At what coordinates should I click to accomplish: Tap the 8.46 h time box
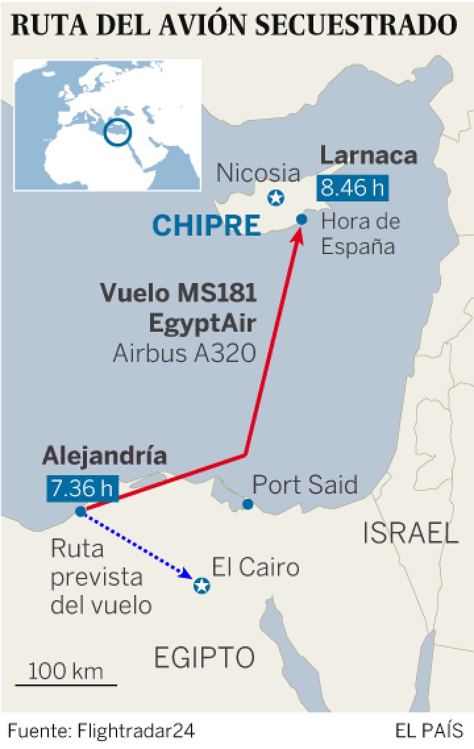[x=352, y=188]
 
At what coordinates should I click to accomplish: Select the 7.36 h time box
[x=82, y=488]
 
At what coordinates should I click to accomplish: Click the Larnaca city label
[x=369, y=156]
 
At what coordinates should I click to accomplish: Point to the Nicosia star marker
[x=275, y=197]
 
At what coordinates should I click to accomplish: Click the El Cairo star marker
[x=201, y=585]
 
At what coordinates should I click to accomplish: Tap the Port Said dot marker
[x=248, y=504]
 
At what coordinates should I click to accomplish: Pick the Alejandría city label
[x=104, y=455]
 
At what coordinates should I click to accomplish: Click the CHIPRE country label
[x=207, y=226]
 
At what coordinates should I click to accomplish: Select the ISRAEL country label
[x=411, y=533]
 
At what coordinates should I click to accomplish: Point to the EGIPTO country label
[x=204, y=656]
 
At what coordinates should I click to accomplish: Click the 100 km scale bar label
[x=66, y=671]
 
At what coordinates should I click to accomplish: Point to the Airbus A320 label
[x=184, y=353]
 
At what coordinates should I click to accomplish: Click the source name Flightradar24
[x=136, y=731]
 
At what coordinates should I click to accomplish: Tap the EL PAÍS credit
[x=429, y=731]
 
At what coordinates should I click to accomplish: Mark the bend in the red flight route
[x=246, y=454]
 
